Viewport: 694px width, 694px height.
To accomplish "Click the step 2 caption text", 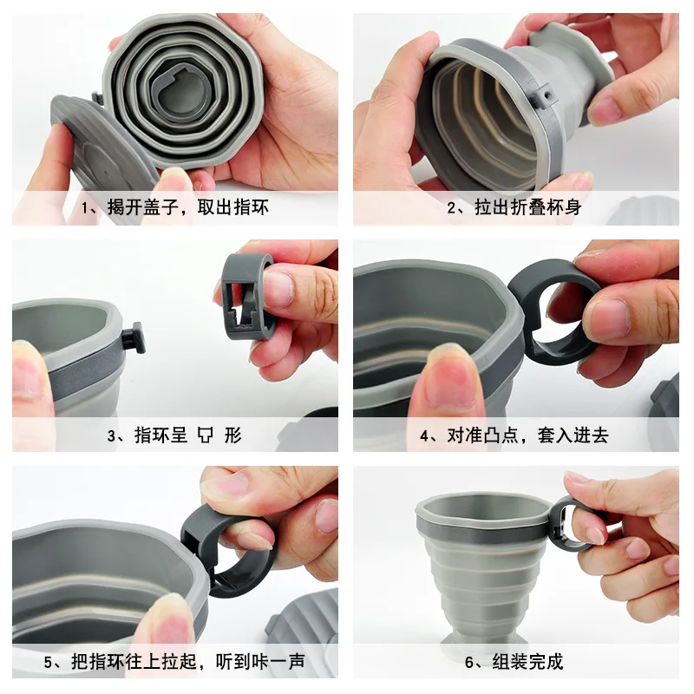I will coord(514,207).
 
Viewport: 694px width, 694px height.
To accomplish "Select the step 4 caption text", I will coord(514,435).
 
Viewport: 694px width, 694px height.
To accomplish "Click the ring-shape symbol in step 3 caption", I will coord(205,435).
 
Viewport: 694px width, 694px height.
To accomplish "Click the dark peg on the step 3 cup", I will coord(134,337).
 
